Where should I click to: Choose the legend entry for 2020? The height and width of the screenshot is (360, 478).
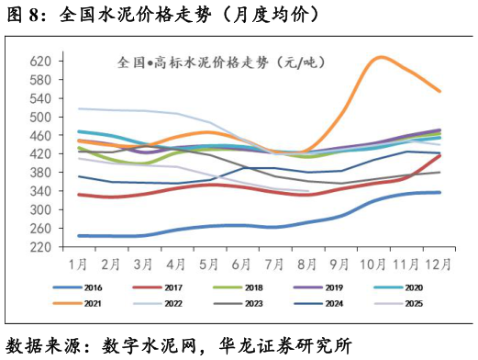(x=411, y=287)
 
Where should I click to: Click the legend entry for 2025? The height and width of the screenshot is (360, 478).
(x=411, y=302)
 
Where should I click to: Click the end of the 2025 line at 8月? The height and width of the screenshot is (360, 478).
(x=309, y=191)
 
